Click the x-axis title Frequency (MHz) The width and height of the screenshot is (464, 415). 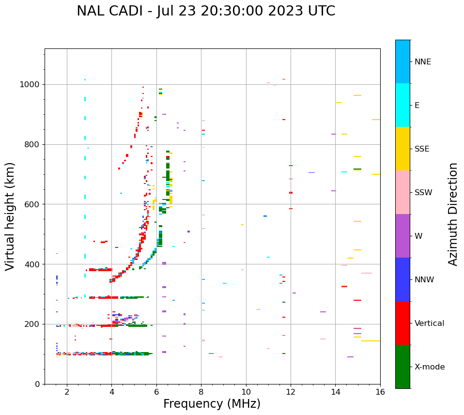point(212,404)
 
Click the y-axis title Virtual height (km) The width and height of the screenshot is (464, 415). point(10,216)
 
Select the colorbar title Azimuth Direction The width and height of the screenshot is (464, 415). point(453,214)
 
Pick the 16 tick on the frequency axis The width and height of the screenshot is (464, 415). point(380,392)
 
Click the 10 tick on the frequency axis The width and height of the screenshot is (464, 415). point(246,392)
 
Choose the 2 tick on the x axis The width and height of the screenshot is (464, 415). point(67,392)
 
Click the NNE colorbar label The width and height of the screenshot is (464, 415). point(422,62)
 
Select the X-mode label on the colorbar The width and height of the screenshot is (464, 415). point(429,367)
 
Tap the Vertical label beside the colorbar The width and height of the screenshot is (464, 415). point(429,323)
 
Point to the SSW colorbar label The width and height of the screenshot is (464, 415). point(423,193)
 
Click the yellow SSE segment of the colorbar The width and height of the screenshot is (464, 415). point(402,149)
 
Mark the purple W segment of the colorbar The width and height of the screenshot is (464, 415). point(402,236)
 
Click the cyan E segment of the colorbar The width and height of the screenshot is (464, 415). point(402,105)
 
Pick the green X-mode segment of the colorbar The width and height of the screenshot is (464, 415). point(402,367)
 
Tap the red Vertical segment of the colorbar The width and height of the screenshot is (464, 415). point(402,323)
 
